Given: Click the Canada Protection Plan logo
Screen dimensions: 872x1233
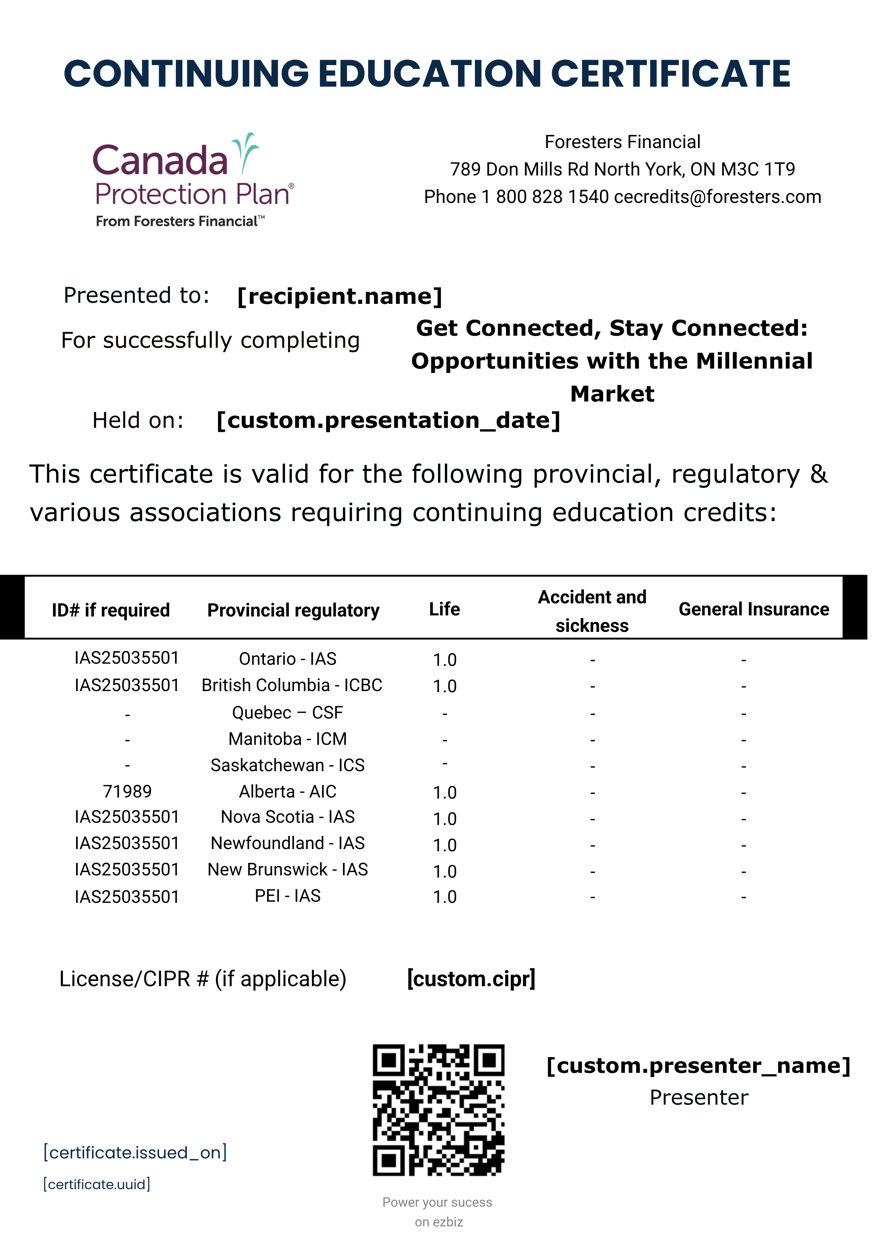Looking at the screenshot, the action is click(x=193, y=180).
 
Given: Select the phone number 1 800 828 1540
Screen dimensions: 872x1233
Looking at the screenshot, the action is click(x=545, y=197).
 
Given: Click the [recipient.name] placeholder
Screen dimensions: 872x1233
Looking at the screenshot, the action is click(x=340, y=296).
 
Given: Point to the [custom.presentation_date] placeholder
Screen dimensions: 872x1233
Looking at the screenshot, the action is click(x=388, y=421).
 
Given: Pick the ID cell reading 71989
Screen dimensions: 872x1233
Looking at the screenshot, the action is click(x=127, y=792).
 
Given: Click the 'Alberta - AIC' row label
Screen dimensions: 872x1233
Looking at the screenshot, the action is click(x=287, y=792).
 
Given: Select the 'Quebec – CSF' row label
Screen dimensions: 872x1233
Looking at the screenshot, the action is click(x=287, y=713).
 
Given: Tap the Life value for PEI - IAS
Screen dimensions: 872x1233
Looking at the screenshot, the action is click(x=445, y=897).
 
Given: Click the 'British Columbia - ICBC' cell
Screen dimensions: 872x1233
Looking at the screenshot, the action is click(x=291, y=685).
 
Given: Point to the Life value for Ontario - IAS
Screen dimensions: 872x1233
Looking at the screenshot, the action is click(x=445, y=659).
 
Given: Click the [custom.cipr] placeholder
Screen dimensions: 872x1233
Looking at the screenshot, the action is click(x=471, y=979).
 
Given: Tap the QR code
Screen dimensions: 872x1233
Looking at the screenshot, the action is click(x=438, y=1109).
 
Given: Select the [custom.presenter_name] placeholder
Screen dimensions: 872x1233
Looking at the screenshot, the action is click(x=698, y=1066).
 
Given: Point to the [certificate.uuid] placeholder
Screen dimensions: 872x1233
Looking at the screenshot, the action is click(x=97, y=1184).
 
